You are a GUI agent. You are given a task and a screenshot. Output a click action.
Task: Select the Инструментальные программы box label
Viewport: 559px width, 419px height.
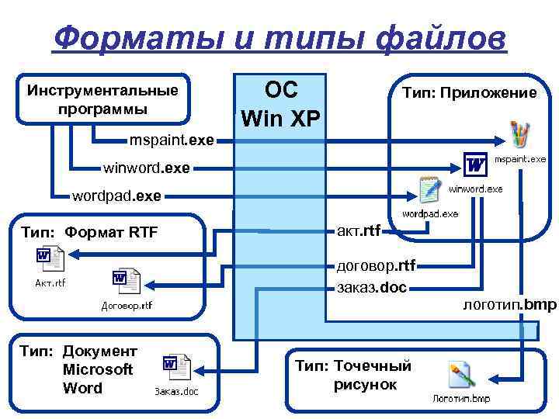click(x=102, y=99)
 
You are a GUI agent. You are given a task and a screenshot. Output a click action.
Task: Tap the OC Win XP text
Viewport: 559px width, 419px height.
click(x=280, y=104)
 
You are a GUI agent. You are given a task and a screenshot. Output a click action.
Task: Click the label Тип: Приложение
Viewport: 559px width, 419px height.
click(x=468, y=93)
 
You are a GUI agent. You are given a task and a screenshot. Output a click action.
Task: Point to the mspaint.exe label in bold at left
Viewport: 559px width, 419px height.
click(x=172, y=141)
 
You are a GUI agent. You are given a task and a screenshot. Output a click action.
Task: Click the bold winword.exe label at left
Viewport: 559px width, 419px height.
click(x=147, y=167)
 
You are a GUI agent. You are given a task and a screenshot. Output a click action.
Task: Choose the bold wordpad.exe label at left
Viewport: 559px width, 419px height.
click(x=116, y=196)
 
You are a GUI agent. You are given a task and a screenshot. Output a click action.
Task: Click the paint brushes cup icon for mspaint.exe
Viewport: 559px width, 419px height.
click(x=518, y=135)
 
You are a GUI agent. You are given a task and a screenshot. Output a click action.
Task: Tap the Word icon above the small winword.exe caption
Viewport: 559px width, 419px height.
click(x=475, y=164)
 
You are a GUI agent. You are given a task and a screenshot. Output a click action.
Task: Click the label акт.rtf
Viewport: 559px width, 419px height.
click(x=359, y=229)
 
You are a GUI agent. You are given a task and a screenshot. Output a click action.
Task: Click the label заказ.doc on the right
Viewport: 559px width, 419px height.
click(x=372, y=286)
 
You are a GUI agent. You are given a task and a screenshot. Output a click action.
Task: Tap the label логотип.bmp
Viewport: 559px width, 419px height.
click(x=509, y=305)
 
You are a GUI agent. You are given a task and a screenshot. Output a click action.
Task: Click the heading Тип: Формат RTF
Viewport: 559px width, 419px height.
click(x=89, y=230)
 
